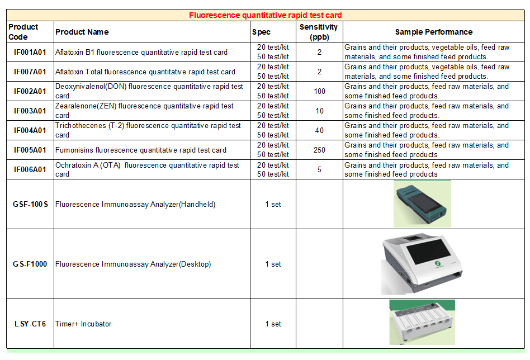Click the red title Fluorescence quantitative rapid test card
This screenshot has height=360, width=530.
pyautogui.click(x=266, y=15)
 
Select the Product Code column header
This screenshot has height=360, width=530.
pyautogui.click(x=23, y=32)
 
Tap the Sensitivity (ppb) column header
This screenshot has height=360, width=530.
pyautogui.click(x=319, y=32)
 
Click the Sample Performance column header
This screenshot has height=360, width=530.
pyautogui.click(x=434, y=32)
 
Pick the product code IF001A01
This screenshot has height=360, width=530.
pyautogui.click(x=30, y=52)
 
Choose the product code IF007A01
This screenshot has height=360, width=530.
pyautogui.click(x=30, y=72)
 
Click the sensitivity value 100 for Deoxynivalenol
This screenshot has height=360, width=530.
pyautogui.click(x=319, y=91)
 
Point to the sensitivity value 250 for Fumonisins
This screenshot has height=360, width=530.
pyautogui.click(x=319, y=150)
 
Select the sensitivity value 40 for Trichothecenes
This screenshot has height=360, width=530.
pyautogui.click(x=319, y=130)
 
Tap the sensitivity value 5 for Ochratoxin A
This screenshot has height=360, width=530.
pyautogui.click(x=319, y=169)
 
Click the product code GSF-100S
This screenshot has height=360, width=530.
pyautogui.click(x=30, y=204)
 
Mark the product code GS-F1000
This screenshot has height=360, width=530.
pyautogui.click(x=30, y=264)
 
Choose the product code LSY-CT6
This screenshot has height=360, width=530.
pyautogui.click(x=30, y=324)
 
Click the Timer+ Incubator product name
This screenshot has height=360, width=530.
pyautogui.click(x=83, y=324)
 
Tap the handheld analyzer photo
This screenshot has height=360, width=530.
pyautogui.click(x=422, y=204)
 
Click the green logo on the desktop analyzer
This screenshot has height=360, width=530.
pyautogui.click(x=438, y=263)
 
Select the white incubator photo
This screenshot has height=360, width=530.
pyautogui.click(x=422, y=322)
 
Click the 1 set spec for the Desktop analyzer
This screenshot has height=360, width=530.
pyautogui.click(x=273, y=264)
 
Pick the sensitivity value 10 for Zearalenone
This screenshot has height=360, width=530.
pyautogui.click(x=319, y=111)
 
